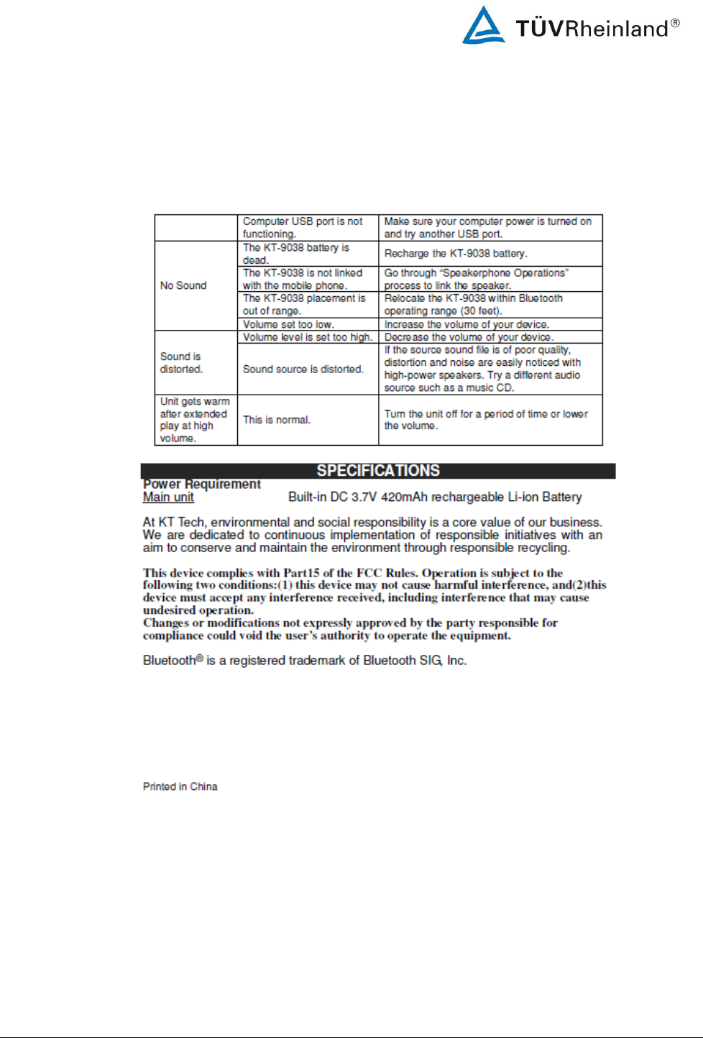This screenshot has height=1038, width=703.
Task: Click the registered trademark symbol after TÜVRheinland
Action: pos(675,23)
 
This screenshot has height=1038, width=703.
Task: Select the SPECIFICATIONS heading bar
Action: pos(378,471)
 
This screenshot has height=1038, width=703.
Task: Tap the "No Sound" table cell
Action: pos(183,285)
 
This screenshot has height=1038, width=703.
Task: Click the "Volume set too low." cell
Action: pos(288,324)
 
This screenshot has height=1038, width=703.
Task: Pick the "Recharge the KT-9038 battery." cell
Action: pos(456,253)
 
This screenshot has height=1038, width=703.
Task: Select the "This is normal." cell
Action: pos(277,420)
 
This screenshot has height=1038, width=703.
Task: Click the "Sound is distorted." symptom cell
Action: pos(181,363)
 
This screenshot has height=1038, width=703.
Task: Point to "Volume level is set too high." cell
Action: pos(308,337)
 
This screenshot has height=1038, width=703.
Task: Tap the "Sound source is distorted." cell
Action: pos(303,369)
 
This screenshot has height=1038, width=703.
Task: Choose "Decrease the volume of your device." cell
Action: pos(469,337)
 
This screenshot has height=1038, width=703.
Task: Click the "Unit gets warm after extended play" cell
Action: pos(195,420)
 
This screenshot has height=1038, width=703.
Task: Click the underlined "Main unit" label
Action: pos(168,497)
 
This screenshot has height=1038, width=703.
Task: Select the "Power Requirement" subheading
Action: pos(202,484)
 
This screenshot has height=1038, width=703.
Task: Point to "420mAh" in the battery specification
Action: pos(402,497)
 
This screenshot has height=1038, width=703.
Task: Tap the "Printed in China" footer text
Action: pos(180,786)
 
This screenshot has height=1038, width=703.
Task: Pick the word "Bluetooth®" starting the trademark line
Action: pos(173,660)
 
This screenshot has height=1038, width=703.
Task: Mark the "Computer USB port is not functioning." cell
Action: pos(303,228)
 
